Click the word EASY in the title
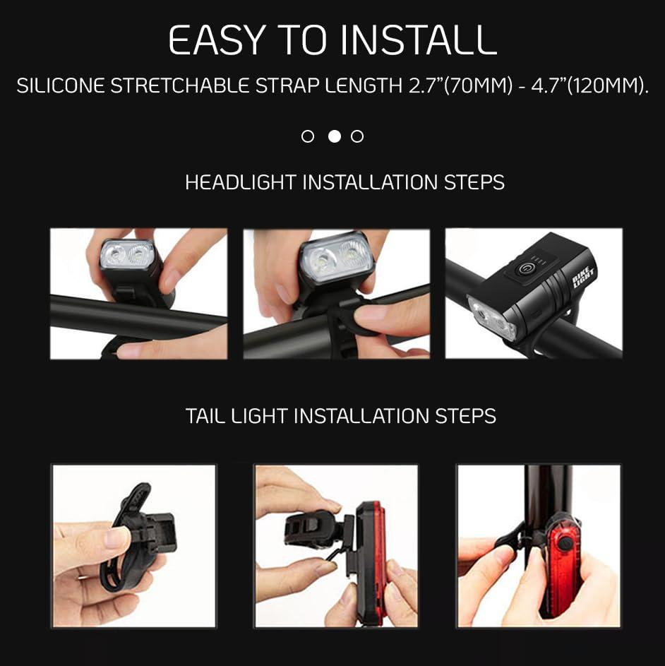pos(217,41)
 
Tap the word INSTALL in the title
pos(418,41)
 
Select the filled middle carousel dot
pos(335,136)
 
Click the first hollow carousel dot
pos(308,136)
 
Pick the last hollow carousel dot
pos(357,136)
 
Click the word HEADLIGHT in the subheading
pos(241,182)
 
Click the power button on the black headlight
pos(527,268)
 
